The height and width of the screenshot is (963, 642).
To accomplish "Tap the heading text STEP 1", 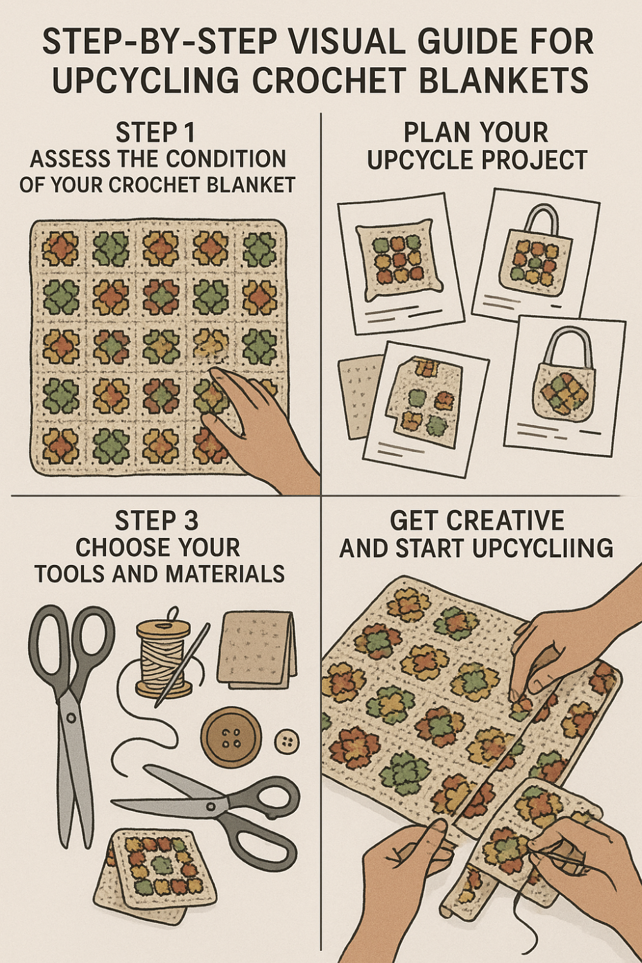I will (155, 133).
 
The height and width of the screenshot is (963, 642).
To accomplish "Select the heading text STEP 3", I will (157, 521).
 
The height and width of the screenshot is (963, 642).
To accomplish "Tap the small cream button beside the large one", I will (286, 743).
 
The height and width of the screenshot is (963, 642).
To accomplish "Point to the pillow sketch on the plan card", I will (397, 260).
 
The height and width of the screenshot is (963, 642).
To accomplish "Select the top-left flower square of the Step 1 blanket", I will (60, 249).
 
